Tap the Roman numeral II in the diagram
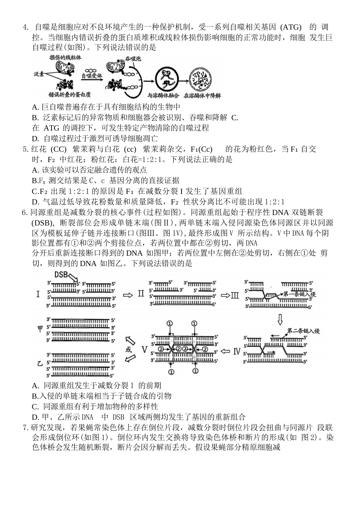click(x=141, y=294)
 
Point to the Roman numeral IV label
click(x=237, y=351)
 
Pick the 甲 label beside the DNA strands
click(x=40, y=329)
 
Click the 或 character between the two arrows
click(x=129, y=350)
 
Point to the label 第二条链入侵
click(x=304, y=331)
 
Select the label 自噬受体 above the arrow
click(x=92, y=76)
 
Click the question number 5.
click(x=25, y=149)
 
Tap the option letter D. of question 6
click(x=36, y=417)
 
